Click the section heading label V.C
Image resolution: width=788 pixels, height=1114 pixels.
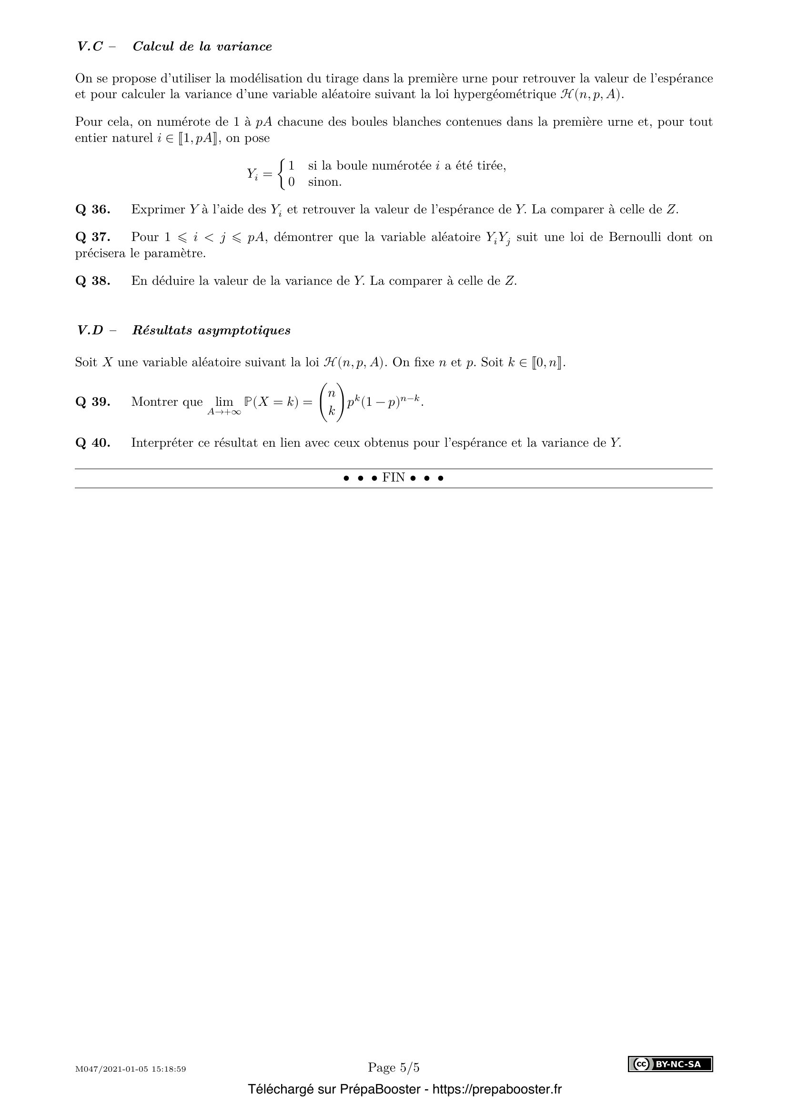(x=90, y=47)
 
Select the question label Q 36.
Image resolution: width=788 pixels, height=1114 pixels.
(x=93, y=210)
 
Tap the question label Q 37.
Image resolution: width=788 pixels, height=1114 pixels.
(x=93, y=237)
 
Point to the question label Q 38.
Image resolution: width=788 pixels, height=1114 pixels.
(x=93, y=281)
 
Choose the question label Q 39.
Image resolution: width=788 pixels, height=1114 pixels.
(x=93, y=402)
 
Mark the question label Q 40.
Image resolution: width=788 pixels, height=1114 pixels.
(x=93, y=443)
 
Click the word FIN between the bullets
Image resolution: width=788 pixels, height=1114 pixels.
(x=393, y=478)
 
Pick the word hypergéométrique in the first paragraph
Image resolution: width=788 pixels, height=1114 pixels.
(x=504, y=95)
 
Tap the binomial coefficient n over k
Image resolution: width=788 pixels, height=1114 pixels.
(x=332, y=402)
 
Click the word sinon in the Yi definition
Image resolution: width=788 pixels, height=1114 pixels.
(x=324, y=182)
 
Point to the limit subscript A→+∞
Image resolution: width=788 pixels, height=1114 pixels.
(x=224, y=412)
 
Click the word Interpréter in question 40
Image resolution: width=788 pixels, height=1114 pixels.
(x=161, y=443)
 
